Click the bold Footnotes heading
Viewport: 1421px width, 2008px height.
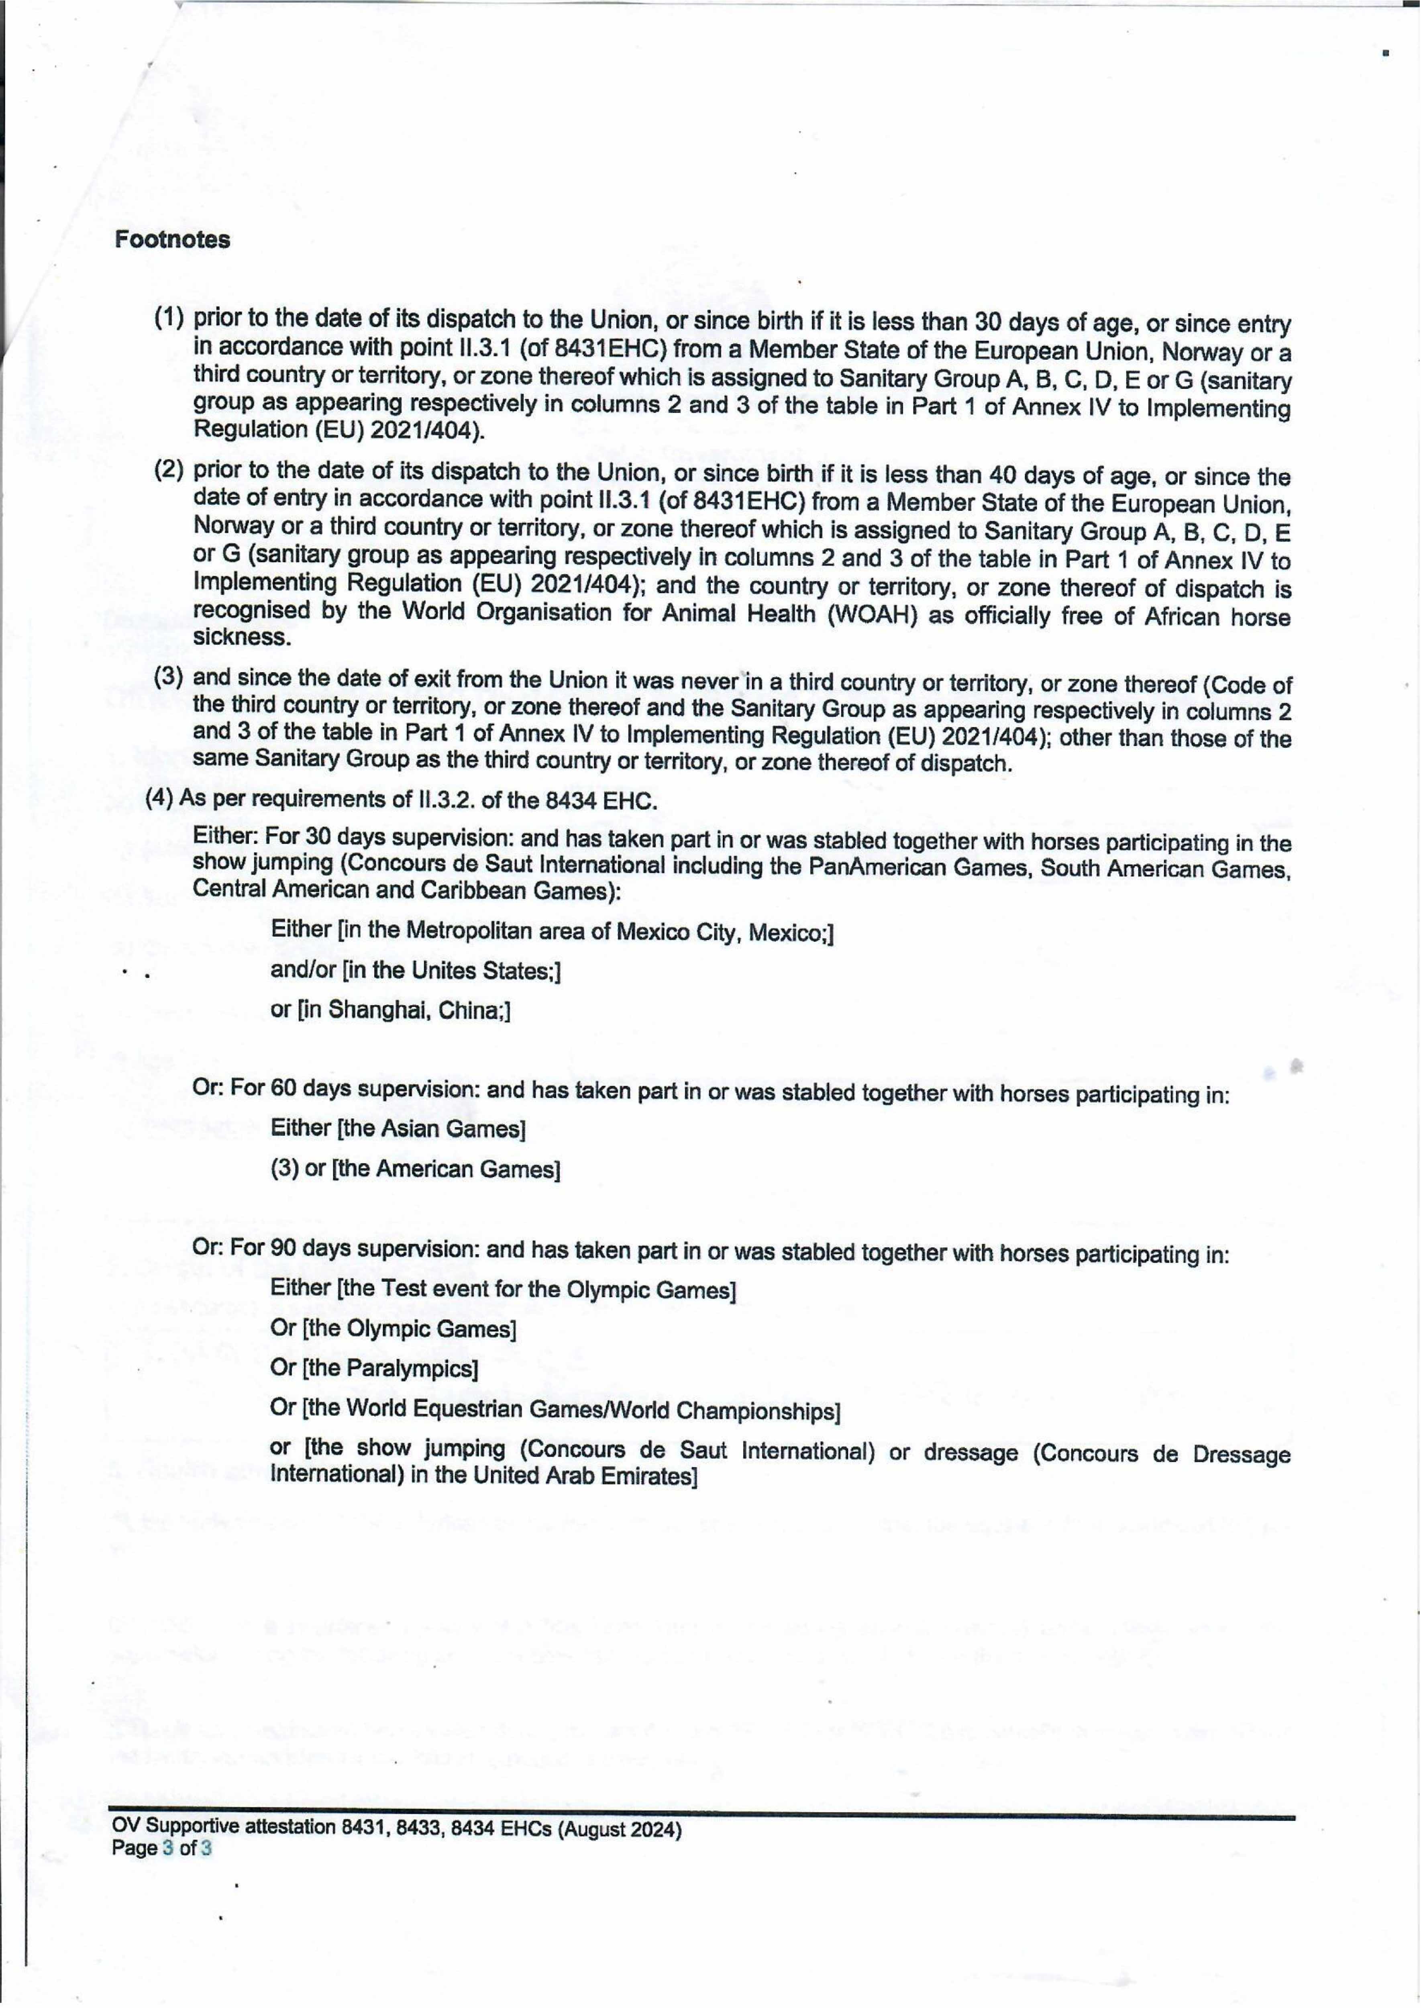point(172,240)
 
